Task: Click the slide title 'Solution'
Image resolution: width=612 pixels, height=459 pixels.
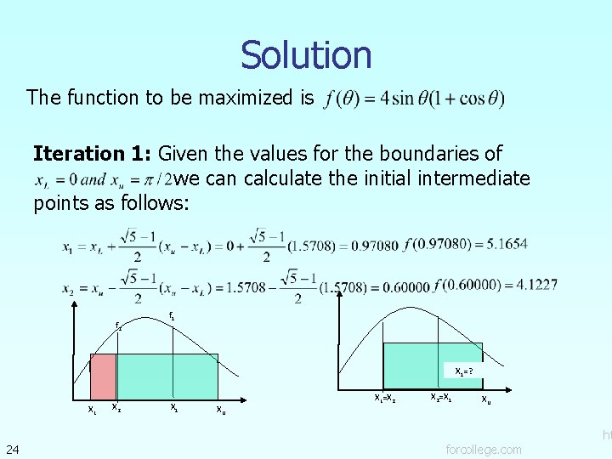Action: tap(306, 55)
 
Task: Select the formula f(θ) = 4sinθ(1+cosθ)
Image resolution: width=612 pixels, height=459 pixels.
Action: tap(414, 99)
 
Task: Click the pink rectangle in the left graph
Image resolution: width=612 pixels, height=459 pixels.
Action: tap(103, 376)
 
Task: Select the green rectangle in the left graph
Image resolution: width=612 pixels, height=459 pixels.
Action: tap(167, 376)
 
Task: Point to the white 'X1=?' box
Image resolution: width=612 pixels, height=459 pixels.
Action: tap(464, 371)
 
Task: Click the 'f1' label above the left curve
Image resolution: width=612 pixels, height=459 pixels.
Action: tap(173, 316)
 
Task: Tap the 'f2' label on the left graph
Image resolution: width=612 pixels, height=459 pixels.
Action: tap(118, 326)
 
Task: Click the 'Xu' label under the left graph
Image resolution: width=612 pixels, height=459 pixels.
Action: tap(221, 410)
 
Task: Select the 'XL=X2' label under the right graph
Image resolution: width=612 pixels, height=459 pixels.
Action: tap(386, 397)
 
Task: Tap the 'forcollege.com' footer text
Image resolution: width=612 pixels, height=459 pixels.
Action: tap(484, 449)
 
